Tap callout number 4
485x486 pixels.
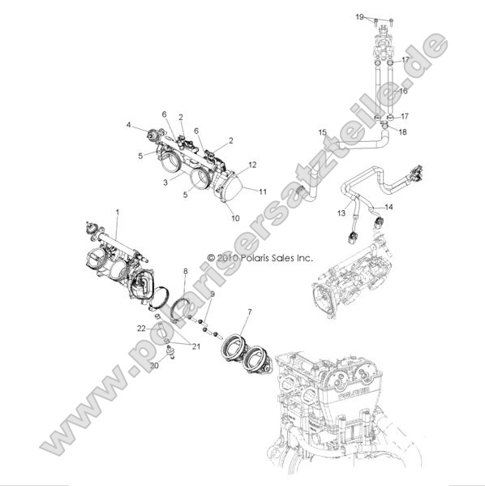coord(128,125)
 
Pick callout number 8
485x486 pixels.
coord(185,270)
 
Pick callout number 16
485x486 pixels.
coord(403,92)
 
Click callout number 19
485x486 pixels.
coord(381,16)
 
